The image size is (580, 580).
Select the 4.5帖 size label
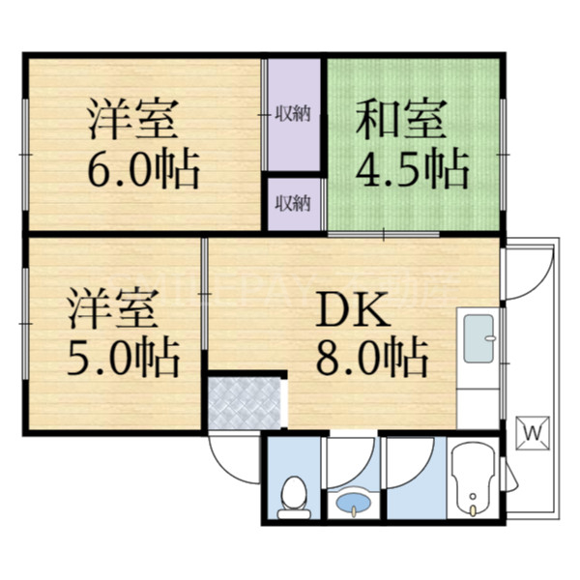pos(413,170)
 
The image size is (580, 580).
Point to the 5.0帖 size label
pos(123,359)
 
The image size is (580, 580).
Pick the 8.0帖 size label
pos(371,359)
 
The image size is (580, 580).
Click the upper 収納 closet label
pos(292,115)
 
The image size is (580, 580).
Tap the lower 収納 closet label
pos(292,202)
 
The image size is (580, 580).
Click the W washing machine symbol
pos(534,431)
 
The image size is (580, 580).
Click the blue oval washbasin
pos(350,504)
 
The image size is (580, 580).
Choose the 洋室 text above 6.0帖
pos(130,123)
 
